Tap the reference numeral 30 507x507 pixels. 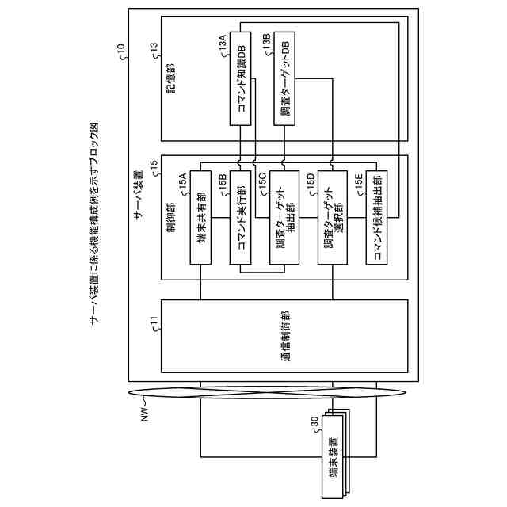314,430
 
